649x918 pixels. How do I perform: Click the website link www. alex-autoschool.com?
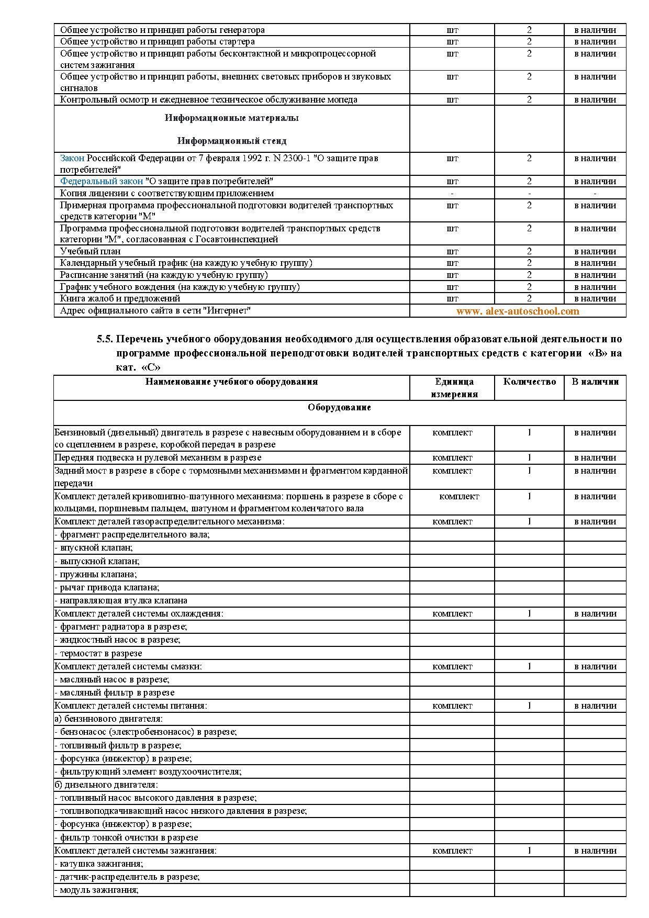517,311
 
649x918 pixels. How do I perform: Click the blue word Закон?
72,158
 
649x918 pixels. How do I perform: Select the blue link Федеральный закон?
101,182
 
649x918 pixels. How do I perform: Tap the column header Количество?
529,382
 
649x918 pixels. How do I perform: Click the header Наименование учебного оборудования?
231,382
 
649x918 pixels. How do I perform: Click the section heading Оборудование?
339,407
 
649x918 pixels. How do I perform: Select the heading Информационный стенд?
231,141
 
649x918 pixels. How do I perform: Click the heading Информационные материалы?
231,118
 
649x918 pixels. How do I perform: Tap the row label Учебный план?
90,251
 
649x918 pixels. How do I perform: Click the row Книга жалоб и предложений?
120,298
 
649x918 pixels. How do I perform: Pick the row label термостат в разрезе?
99,653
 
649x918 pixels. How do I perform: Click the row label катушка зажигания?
99,864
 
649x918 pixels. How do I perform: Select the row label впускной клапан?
95,547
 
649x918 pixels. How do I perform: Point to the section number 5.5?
105,339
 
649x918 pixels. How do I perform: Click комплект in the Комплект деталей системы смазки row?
452,666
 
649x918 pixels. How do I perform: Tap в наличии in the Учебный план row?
595,251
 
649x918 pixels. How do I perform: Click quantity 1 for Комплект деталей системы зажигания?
529,850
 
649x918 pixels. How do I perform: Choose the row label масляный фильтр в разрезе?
115,692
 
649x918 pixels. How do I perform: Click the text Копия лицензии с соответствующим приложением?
166,193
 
